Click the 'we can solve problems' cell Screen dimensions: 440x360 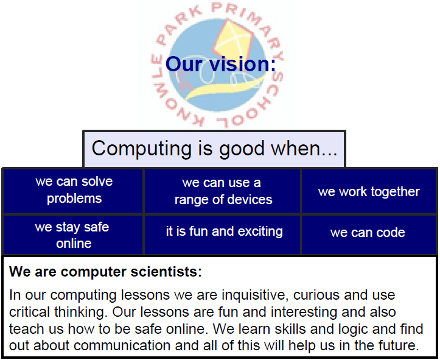tap(73, 191)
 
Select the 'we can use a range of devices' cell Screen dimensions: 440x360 tap(222, 191)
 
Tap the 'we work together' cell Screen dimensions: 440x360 tap(369, 191)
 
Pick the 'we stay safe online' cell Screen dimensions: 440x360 tap(73, 235)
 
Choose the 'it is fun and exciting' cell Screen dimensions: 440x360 tap(222, 235)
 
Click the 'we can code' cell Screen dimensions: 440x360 tap(369, 235)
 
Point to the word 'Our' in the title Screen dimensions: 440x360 tap(184, 64)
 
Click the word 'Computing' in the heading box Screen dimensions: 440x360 tap(142, 149)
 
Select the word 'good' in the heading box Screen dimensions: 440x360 tap(242, 149)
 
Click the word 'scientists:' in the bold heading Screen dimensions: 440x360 tap(166, 272)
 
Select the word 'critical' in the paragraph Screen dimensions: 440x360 tap(30, 312)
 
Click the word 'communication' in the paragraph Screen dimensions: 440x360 tap(122, 345)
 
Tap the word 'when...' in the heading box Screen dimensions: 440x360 tap(304, 148)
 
